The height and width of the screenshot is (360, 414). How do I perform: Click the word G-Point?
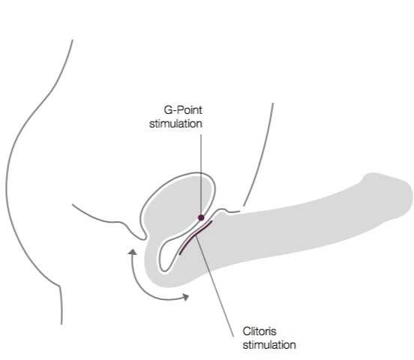pyautogui.click(x=183, y=110)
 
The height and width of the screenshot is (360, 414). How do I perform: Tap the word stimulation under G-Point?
pyautogui.click(x=175, y=124)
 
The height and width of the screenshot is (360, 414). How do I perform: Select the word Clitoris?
pyautogui.click(x=259, y=331)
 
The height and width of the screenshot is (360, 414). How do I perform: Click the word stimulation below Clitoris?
pyautogui.click(x=269, y=345)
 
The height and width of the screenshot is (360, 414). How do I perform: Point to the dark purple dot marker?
pyautogui.click(x=201, y=217)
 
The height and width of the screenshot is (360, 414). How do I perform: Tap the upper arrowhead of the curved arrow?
pyautogui.click(x=132, y=252)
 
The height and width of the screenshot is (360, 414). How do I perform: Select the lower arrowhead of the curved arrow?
pyautogui.click(x=186, y=297)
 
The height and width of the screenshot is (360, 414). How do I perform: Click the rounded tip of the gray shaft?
pyautogui.click(x=406, y=196)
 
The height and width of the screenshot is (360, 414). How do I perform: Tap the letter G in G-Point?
pyautogui.click(x=168, y=110)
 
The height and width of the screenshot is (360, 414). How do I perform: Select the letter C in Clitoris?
pyautogui.click(x=247, y=331)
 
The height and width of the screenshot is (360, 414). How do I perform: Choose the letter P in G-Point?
pyautogui.click(x=180, y=110)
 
